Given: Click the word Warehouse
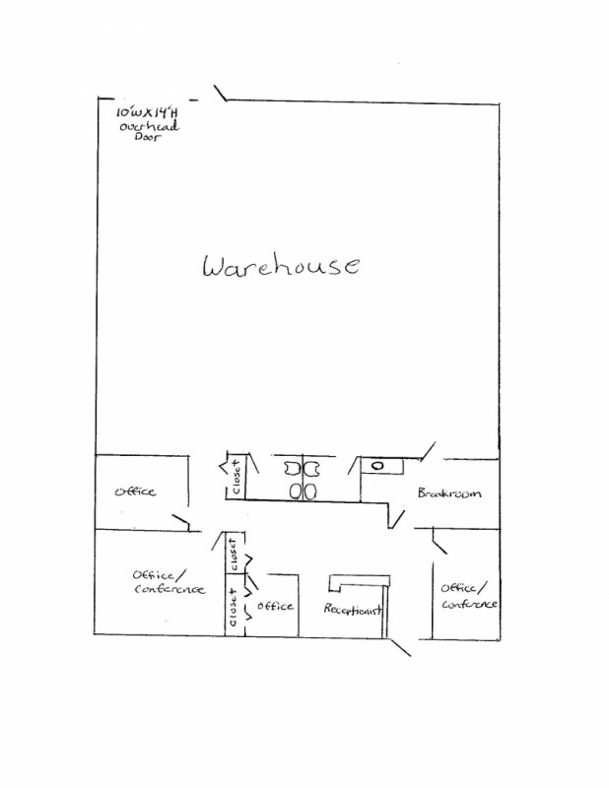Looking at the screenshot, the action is tap(281, 265).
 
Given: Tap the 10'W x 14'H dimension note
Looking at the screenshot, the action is tap(147, 111).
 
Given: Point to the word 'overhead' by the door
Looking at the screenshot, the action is tap(149, 126).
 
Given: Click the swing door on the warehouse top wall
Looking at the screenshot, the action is tap(221, 93).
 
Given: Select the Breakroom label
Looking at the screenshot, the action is tap(448, 492).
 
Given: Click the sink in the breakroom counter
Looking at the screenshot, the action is tap(377, 466).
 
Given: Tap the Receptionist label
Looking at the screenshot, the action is tap(353, 609).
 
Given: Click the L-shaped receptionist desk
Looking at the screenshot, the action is tap(360, 581).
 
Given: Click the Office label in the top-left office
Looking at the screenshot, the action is tap(135, 491).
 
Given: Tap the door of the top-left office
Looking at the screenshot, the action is tap(180, 522).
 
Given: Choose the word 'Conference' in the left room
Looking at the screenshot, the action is tap(169, 588).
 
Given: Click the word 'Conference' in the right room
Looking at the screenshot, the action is tap(470, 603).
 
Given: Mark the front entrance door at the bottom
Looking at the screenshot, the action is tap(400, 647).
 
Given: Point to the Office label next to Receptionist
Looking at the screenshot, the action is tap(275, 606).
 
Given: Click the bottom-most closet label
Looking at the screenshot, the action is tap(233, 608).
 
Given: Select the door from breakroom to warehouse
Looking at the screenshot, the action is tap(428, 451).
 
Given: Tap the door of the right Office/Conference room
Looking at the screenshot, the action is tap(440, 541).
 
